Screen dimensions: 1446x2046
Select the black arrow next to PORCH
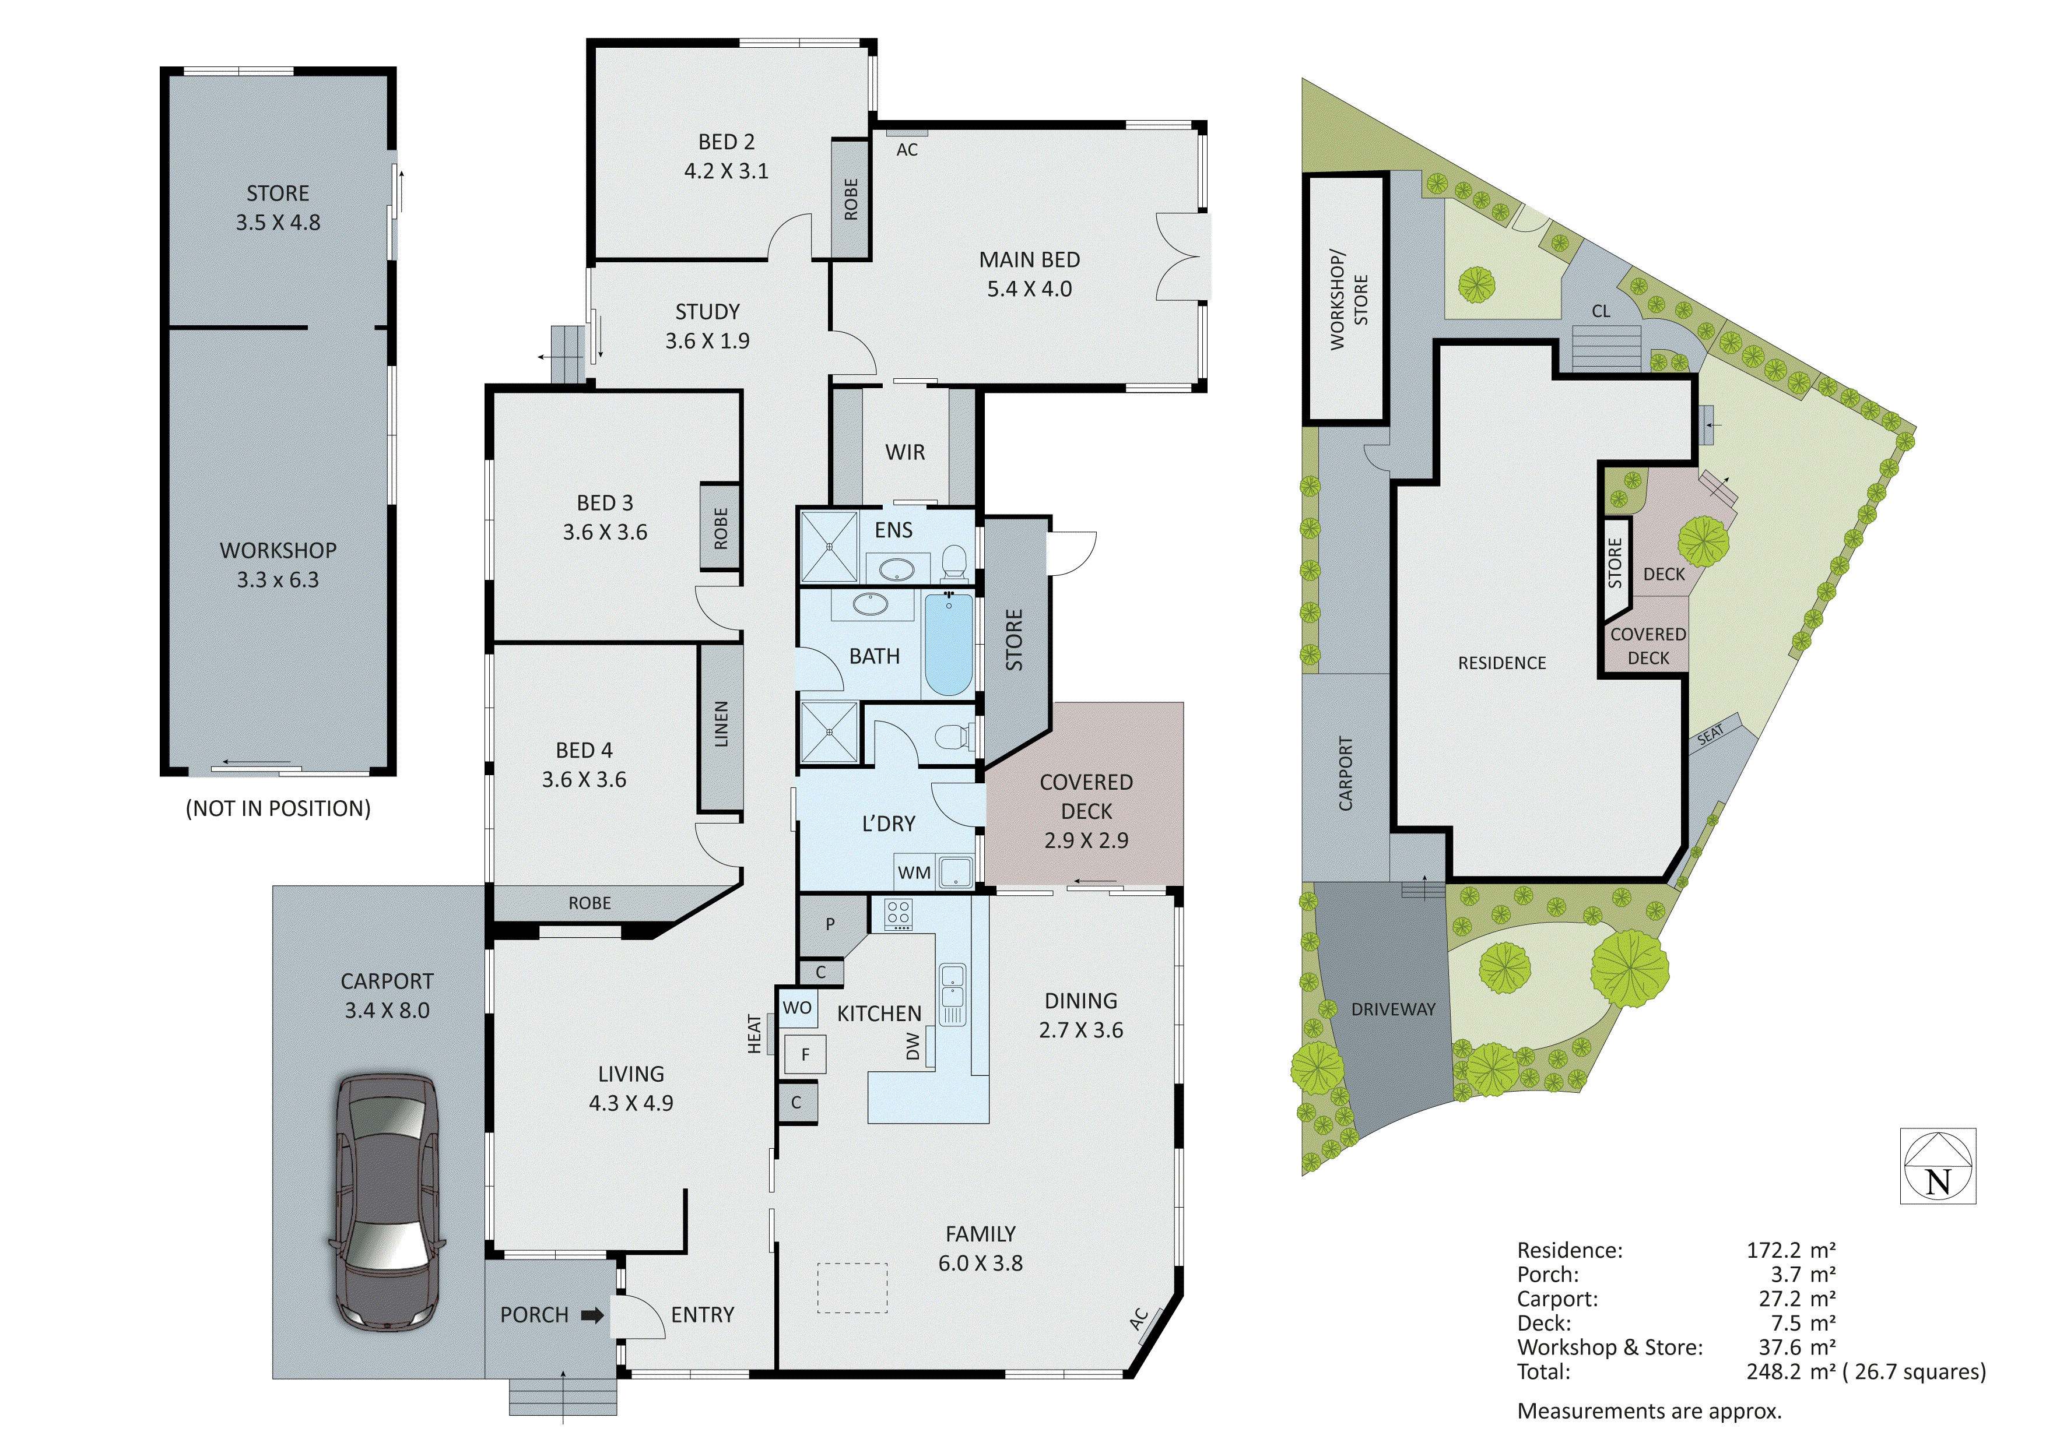[592, 1315]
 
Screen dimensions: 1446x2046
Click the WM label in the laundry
[914, 873]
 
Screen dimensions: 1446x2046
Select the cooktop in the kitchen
[899, 914]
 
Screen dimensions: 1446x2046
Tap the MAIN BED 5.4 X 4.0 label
[1029, 273]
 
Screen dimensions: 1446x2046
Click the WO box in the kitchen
[796, 1008]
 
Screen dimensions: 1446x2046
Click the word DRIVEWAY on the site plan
[1393, 1009]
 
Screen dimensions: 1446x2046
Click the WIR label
[904, 453]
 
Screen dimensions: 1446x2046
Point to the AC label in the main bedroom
[906, 150]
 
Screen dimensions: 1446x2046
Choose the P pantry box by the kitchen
[830, 924]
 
